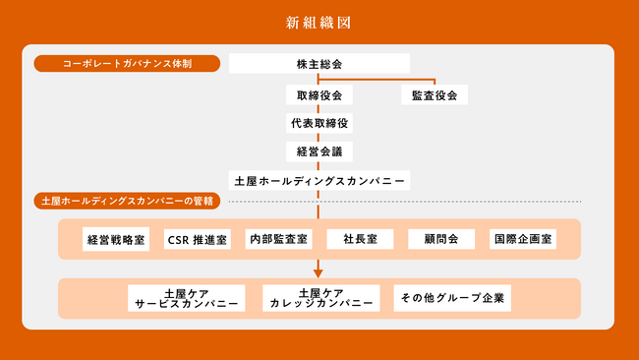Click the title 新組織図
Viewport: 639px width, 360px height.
[x=319, y=22]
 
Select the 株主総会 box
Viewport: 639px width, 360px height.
[x=319, y=64]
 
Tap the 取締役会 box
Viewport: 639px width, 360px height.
[x=319, y=95]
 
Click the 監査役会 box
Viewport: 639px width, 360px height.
[x=434, y=95]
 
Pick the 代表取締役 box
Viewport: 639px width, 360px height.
[x=319, y=124]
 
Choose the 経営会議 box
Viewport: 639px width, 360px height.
[x=319, y=151]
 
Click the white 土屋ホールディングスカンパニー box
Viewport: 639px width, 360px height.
[x=319, y=181]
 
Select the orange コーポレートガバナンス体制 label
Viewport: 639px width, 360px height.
[x=126, y=64]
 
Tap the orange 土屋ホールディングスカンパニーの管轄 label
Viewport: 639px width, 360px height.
[x=127, y=201]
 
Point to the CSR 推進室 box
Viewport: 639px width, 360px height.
[x=198, y=239]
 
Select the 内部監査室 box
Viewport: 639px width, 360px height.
[x=278, y=239]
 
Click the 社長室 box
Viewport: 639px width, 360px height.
[x=360, y=239]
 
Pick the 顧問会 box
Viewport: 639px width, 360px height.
[x=440, y=239]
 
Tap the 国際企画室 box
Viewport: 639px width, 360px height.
[x=522, y=239]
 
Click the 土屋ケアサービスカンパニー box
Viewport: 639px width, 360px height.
[x=187, y=298]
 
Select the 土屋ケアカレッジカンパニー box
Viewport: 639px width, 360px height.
[x=320, y=298]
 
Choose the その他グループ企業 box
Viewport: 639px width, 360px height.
[x=451, y=297]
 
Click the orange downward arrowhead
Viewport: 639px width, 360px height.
[x=319, y=272]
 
